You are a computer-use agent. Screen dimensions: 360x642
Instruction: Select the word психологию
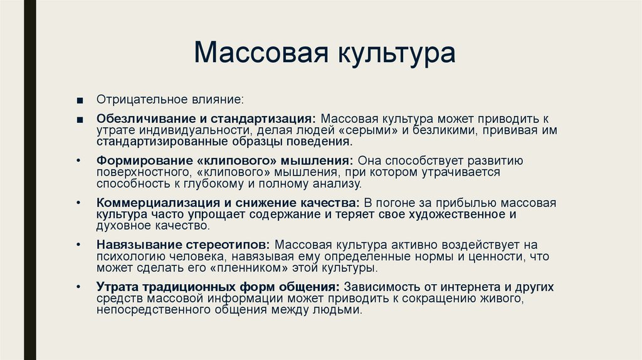point(125,257)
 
